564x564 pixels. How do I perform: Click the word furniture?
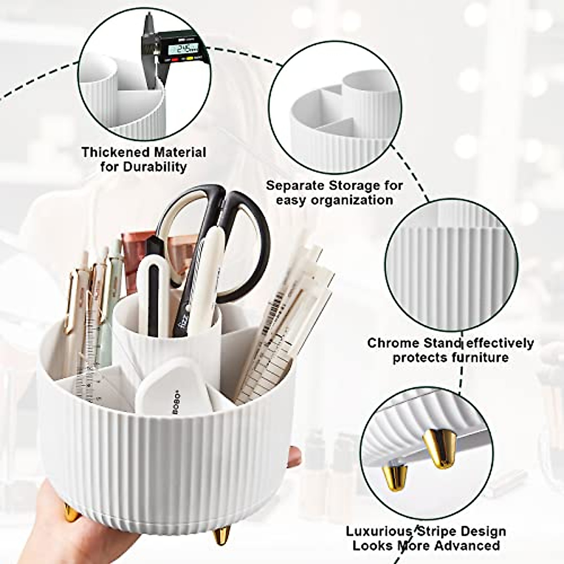[x=474, y=357]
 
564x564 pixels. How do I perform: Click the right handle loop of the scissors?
[x=245, y=249]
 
